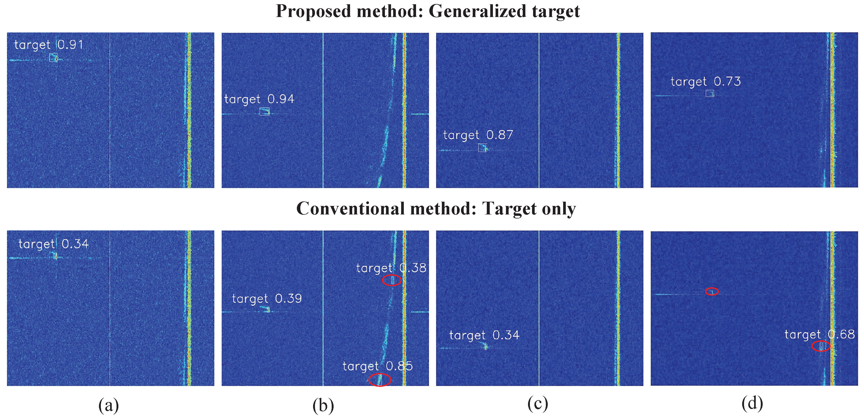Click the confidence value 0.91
coord(70,45)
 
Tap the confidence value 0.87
coord(500,135)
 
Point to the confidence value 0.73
coord(727,81)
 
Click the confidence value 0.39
coord(288,299)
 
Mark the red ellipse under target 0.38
coord(392,280)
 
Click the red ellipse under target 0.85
coord(380,380)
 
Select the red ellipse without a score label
coord(712,292)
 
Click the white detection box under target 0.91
coord(53,57)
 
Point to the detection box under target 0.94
coord(264,111)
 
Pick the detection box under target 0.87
coord(482,148)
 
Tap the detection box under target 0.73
coord(709,93)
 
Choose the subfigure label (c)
coord(538,404)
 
